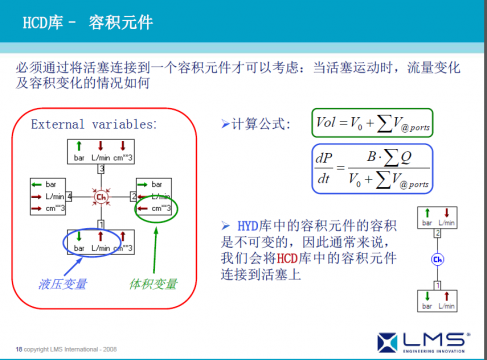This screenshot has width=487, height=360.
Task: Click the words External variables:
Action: coord(94,125)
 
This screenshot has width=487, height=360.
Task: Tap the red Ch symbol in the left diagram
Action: coord(100,199)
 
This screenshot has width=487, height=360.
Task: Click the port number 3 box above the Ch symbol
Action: coord(100,171)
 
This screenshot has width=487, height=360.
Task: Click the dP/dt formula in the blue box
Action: coord(371,167)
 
